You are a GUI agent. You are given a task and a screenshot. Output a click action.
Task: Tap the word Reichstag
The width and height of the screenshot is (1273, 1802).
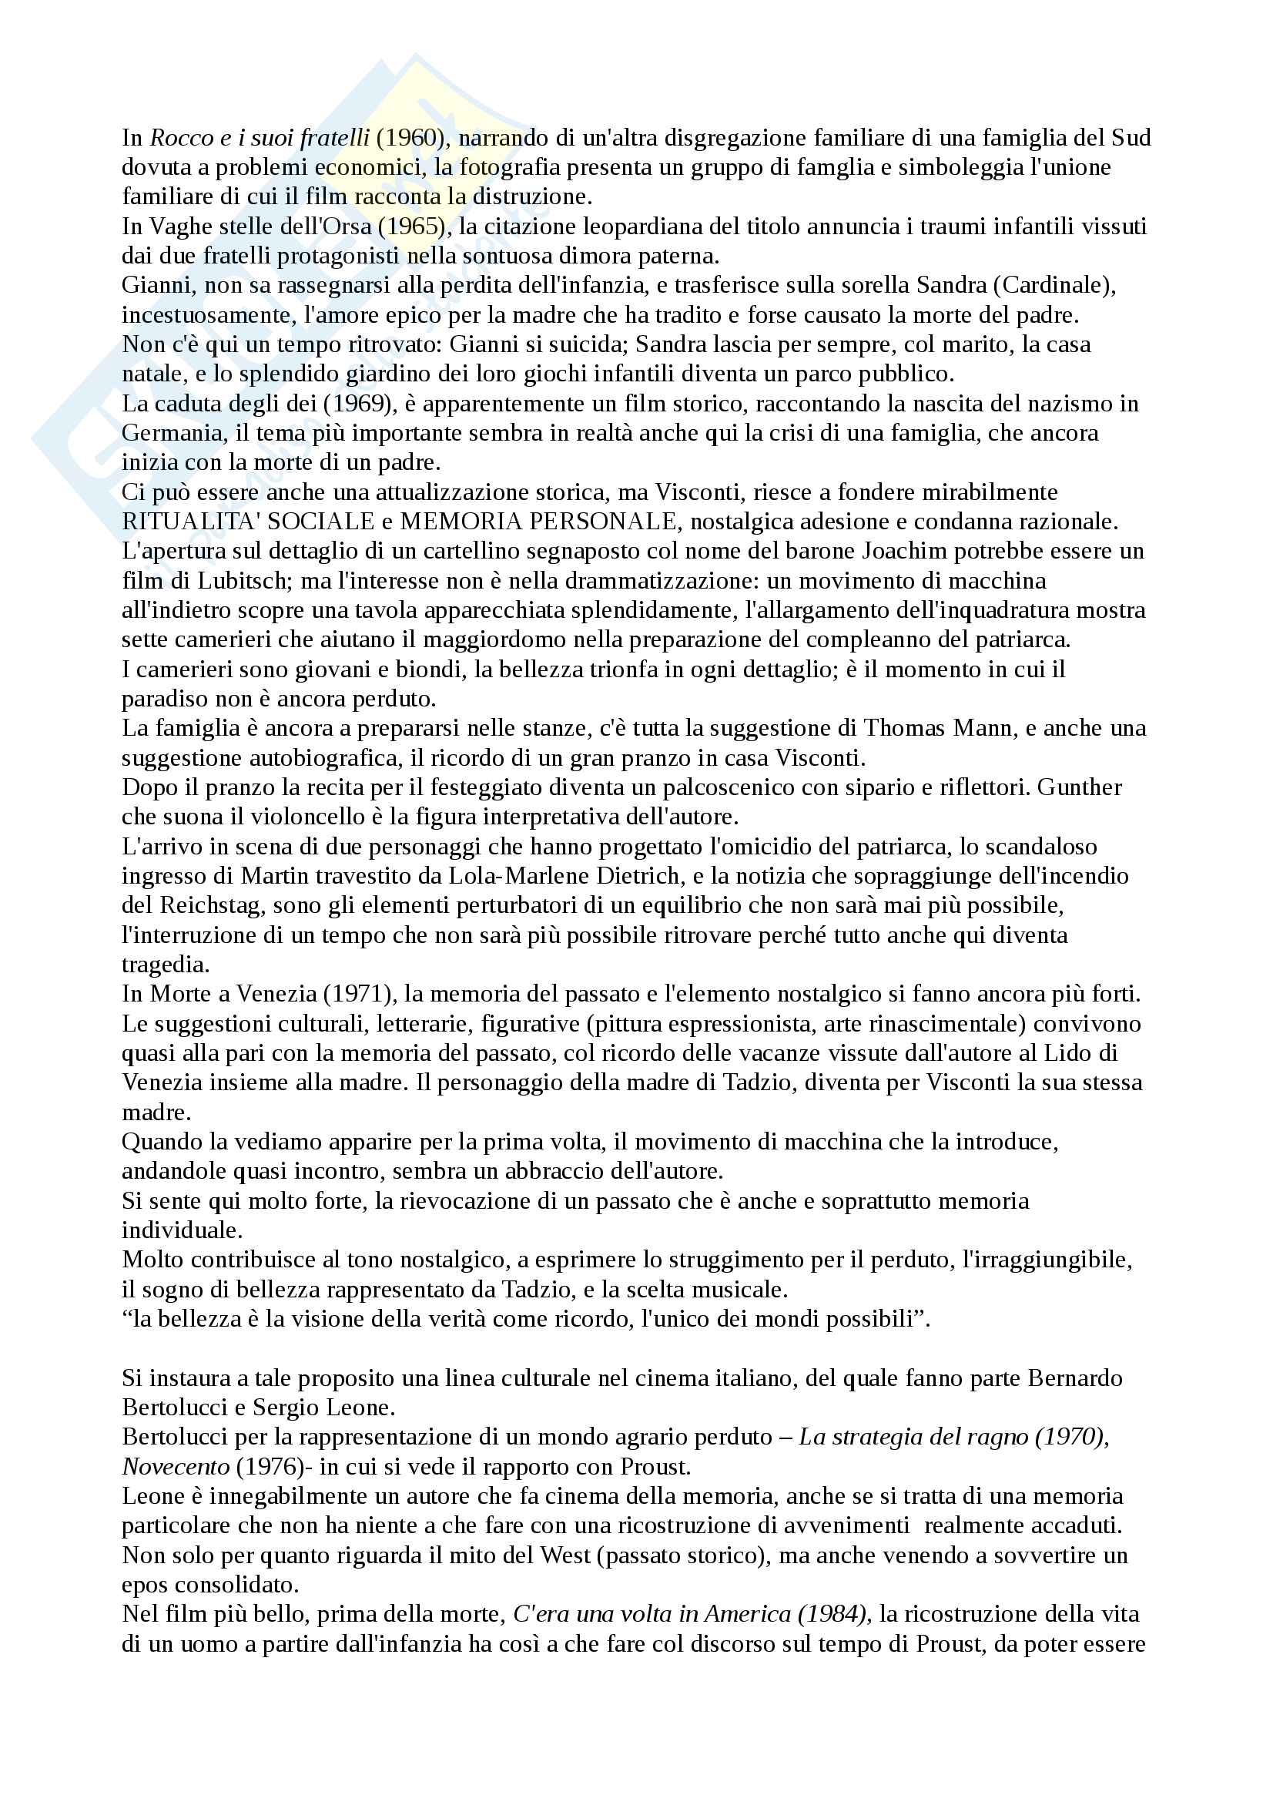[x=211, y=906]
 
